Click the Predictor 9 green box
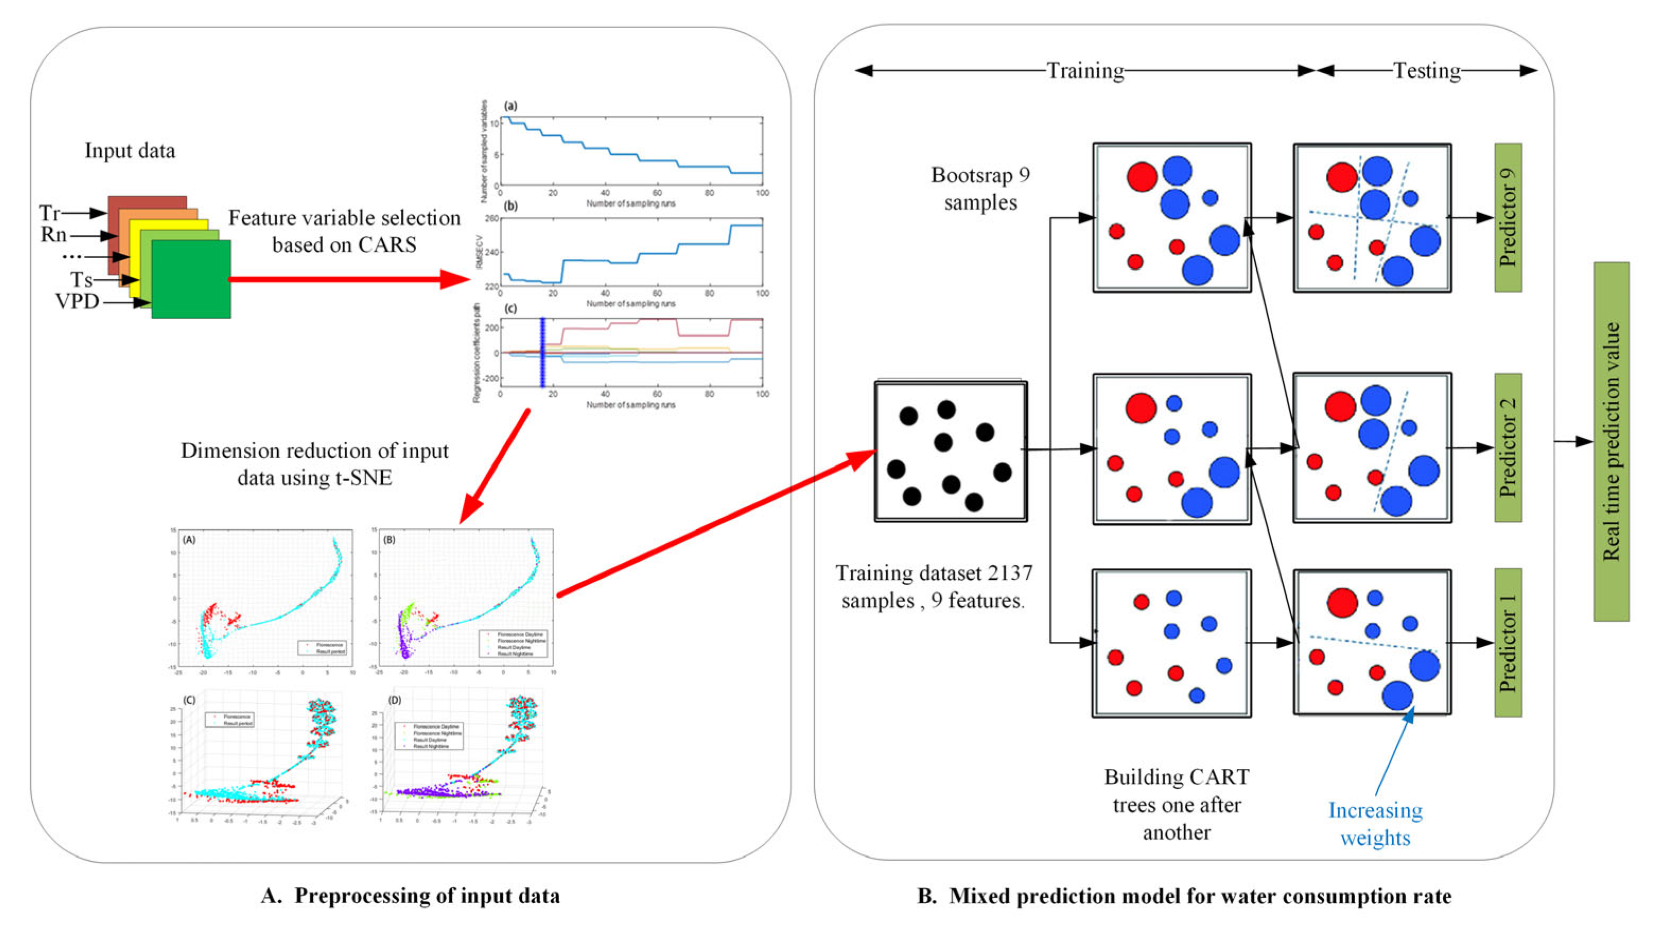pyautogui.click(x=1507, y=217)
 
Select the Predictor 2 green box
pyautogui.click(x=1507, y=448)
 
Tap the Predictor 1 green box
pyautogui.click(x=1507, y=642)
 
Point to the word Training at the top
pyautogui.click(x=1085, y=70)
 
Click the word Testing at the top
pyautogui.click(x=1427, y=70)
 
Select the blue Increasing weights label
pyautogui.click(x=1375, y=824)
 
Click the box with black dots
pyautogui.click(x=950, y=452)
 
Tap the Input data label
pyautogui.click(x=129, y=151)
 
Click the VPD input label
pyautogui.click(x=77, y=301)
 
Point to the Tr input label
pyautogui.click(x=49, y=212)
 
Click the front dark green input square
pyautogui.click(x=191, y=279)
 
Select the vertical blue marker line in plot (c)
pyautogui.click(x=542, y=352)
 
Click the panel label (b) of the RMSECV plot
pyautogui.click(x=511, y=207)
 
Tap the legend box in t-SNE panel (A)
pyautogui.click(x=323, y=648)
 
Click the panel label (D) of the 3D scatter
pyautogui.click(x=394, y=700)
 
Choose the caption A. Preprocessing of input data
pyautogui.click(x=410, y=896)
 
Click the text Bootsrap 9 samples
pyautogui.click(x=980, y=189)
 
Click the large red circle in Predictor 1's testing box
pyautogui.click(x=1342, y=603)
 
